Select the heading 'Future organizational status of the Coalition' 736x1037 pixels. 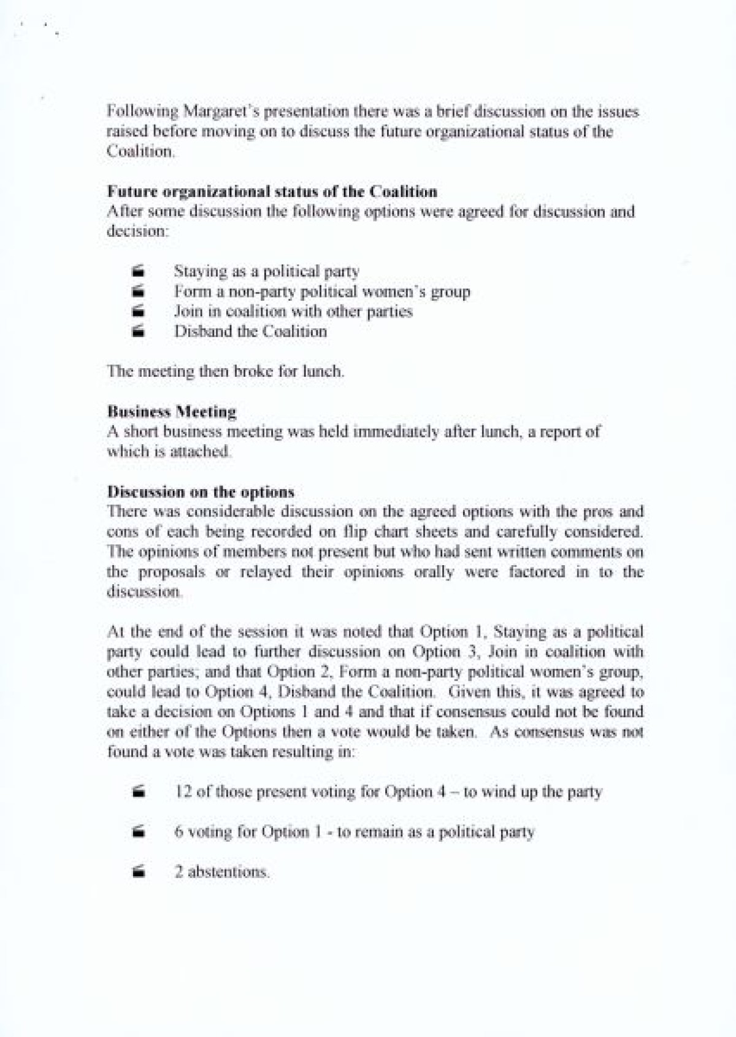click(x=272, y=191)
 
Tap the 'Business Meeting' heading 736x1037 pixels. click(x=172, y=411)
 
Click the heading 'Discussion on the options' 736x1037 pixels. click(x=201, y=492)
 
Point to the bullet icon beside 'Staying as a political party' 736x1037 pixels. click(x=139, y=271)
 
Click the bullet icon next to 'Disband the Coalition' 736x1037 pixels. click(x=139, y=331)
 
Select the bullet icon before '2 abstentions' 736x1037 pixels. click(x=139, y=871)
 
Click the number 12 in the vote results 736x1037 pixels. click(x=183, y=792)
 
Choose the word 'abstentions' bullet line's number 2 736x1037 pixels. click(x=178, y=871)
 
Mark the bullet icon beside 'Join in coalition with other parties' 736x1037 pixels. click(x=139, y=311)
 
